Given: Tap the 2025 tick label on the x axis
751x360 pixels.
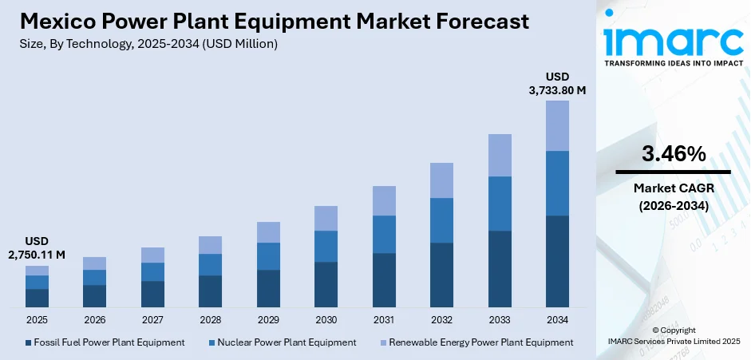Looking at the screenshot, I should coord(37,319).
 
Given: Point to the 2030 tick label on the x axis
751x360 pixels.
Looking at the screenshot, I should coord(326,319).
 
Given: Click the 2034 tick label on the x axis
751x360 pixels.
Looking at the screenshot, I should coord(557,319).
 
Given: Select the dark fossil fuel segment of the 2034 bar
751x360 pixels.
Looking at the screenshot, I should coord(557,261).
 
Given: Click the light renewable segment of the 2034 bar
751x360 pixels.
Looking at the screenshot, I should coord(557,125).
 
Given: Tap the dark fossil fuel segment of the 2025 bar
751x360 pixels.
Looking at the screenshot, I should coord(37,298).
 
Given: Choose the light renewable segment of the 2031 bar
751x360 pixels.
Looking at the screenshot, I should coord(384,200).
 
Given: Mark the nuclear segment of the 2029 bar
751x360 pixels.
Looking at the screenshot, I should coord(268,256).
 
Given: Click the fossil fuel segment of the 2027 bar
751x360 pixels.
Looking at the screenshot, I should coord(152,294).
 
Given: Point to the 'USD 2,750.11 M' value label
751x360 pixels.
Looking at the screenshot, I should coord(37,247).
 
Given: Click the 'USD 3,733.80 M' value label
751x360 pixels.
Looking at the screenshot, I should coord(557,84).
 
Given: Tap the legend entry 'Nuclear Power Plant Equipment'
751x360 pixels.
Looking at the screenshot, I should coord(285,342).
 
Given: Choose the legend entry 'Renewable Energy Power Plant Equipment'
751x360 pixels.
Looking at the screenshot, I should coord(476,342).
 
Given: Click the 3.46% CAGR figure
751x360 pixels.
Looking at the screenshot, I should coord(672,154).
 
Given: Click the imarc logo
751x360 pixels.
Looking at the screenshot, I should coord(672,40).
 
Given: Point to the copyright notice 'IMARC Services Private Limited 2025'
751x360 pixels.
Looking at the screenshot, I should coord(673,342).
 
